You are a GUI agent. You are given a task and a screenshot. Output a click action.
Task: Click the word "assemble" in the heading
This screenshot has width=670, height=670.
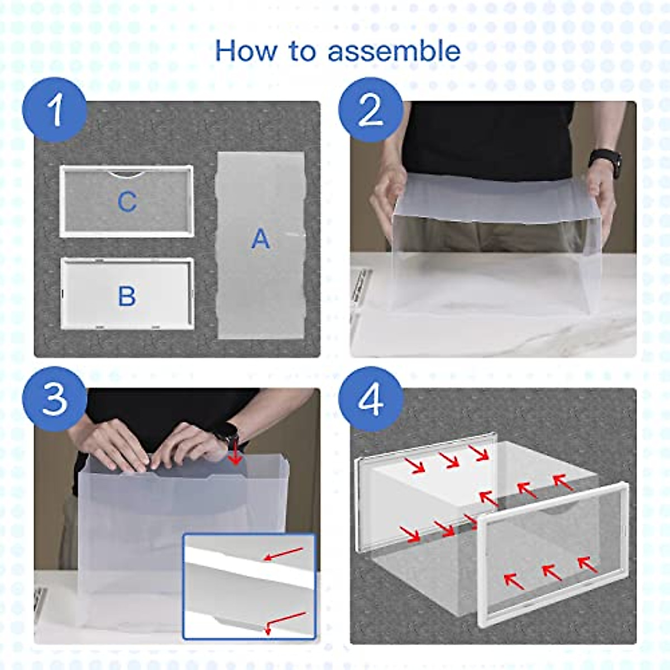pos(394,51)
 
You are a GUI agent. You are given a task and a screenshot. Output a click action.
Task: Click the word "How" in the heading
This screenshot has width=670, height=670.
pos(246,51)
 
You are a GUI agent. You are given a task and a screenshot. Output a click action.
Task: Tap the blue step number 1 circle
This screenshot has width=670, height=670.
pos(54,110)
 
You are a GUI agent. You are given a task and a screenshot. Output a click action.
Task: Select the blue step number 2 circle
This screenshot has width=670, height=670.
pos(371,110)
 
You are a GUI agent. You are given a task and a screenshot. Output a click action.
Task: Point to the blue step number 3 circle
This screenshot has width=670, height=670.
pos(54,399)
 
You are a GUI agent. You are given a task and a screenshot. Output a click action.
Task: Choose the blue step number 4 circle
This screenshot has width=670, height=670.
pos(371,399)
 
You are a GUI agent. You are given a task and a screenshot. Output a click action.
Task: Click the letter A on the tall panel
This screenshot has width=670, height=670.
pos(260,239)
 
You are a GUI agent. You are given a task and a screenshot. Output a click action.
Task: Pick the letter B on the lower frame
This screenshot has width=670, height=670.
pos(127,296)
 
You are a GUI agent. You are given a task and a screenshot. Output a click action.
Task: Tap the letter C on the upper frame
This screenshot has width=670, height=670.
pos(127,202)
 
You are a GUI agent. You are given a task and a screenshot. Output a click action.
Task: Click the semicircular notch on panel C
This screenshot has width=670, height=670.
pos(126,175)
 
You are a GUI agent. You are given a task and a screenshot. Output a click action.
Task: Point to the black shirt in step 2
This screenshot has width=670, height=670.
pos(490,139)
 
